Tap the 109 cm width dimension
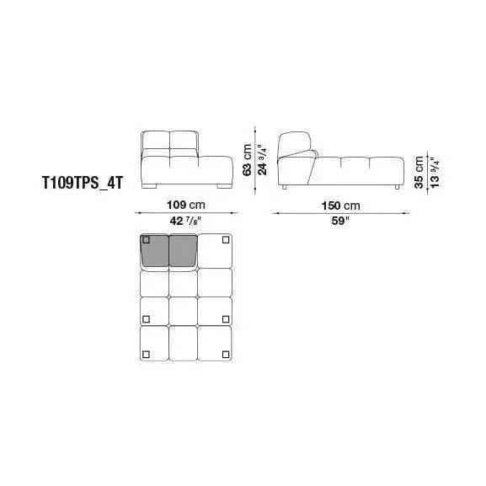[185, 206]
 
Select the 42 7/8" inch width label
[185, 222]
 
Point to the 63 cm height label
[248, 158]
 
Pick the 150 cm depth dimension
[339, 206]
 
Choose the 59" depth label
[339, 222]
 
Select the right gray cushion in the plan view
[183, 251]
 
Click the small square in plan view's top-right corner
[225, 240]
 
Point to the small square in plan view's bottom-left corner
[146, 353]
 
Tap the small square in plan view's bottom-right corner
[225, 353]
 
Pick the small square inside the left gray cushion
[146, 240]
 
